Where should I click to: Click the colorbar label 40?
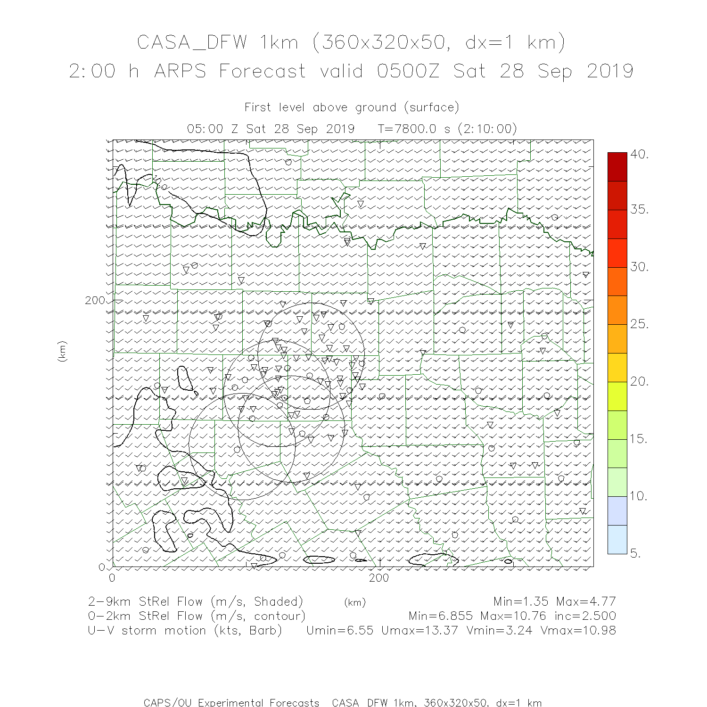pos(640,154)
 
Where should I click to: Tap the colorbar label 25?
pos(640,324)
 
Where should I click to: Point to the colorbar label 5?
pos(636,553)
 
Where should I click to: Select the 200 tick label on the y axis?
pos(95,300)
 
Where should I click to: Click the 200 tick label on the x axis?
pos(379,577)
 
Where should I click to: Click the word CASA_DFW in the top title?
pos(192,42)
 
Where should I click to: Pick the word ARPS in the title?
pos(180,71)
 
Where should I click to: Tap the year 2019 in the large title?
pos(610,71)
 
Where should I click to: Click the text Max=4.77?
pos(586,601)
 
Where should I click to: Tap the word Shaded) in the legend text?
pos(278,601)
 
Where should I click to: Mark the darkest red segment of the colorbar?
pos(617,166)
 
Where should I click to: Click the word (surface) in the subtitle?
pos(431,107)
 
